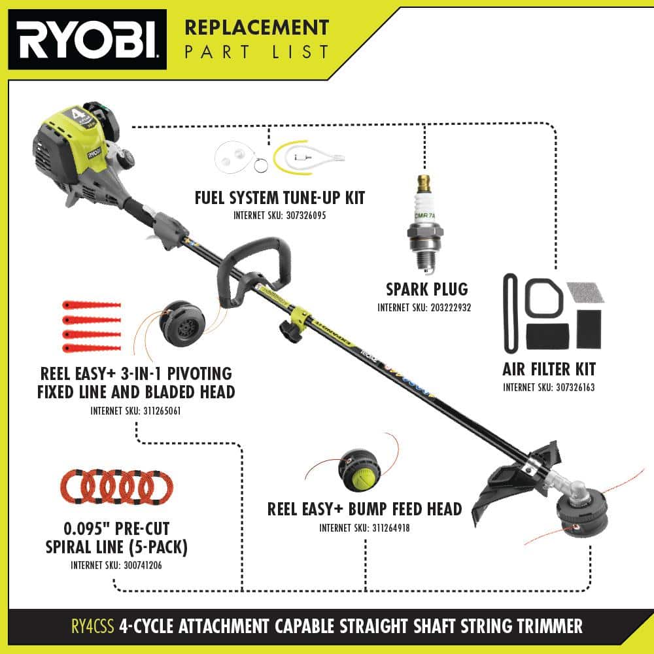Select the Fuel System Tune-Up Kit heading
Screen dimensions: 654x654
[280, 198]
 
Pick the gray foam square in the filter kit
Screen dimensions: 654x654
[585, 292]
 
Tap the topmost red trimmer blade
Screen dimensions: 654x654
[91, 305]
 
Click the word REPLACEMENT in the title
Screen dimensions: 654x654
[256, 28]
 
